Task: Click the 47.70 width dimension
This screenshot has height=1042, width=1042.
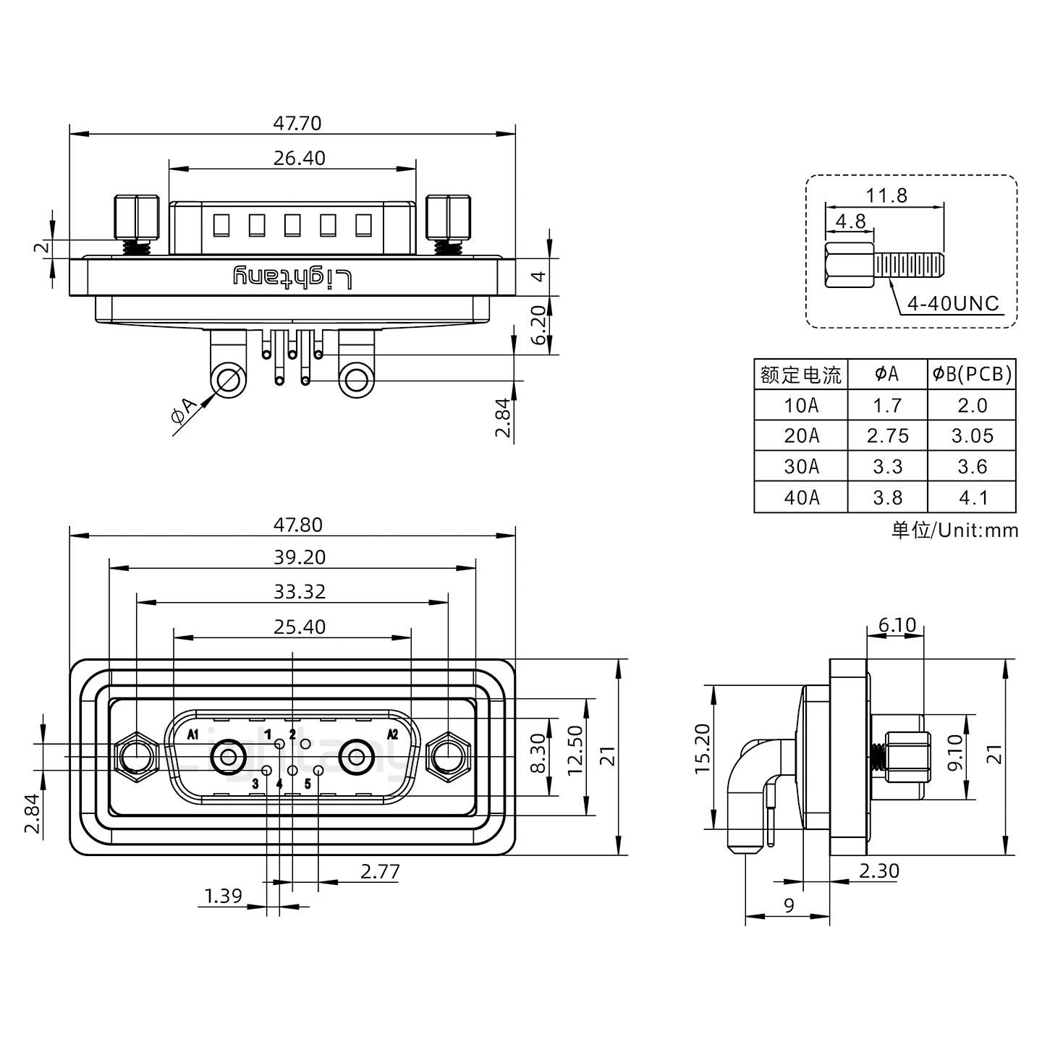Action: [297, 123]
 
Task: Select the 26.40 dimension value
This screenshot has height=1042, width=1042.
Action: [299, 158]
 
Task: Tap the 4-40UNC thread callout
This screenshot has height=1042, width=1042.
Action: [952, 304]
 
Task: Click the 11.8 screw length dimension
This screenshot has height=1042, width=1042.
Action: [886, 195]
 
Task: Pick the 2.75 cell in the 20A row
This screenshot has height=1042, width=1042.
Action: [887, 436]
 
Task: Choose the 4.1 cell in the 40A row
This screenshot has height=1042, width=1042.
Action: [972, 498]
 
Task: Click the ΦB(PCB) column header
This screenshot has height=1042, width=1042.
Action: [972, 374]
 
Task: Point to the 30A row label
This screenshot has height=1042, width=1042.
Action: [801, 467]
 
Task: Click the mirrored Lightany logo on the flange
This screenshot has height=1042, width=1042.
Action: [292, 277]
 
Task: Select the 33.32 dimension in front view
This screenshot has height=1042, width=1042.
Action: [299, 592]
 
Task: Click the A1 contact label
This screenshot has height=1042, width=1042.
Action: [192, 735]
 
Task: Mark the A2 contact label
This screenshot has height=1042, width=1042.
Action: [393, 734]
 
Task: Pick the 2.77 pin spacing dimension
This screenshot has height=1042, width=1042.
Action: [379, 871]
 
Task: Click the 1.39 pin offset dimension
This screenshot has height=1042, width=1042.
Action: [223, 897]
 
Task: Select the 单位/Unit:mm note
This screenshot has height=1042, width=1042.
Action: [954, 530]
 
